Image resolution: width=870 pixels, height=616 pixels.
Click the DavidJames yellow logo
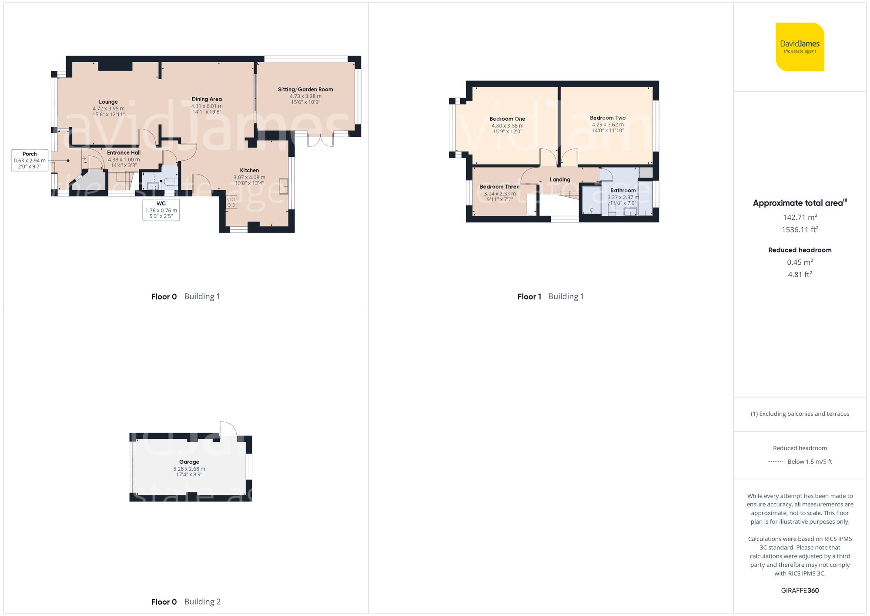pyautogui.click(x=800, y=47)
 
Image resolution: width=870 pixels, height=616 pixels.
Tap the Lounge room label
pyautogui.click(x=108, y=102)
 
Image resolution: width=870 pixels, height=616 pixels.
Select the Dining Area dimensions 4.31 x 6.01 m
pyautogui.click(x=207, y=106)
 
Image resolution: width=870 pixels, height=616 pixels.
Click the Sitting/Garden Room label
pyautogui.click(x=305, y=90)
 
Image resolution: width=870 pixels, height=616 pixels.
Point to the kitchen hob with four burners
pyautogui.click(x=231, y=202)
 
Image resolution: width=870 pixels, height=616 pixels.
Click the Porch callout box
pyautogui.click(x=30, y=160)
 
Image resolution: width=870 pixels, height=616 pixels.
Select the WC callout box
pyautogui.click(x=161, y=210)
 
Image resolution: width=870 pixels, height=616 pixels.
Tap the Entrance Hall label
pyautogui.click(x=124, y=153)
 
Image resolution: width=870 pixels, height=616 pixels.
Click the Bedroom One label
pyautogui.click(x=507, y=119)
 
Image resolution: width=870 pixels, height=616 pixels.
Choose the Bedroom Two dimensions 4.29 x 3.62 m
pyautogui.click(x=608, y=125)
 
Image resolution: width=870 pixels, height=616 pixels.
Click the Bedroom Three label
pyautogui.click(x=499, y=187)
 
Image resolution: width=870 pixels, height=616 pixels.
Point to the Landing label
pyautogui.click(x=560, y=179)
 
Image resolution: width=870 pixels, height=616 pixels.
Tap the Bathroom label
pyautogui.click(x=623, y=190)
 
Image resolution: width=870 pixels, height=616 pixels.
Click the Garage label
pyautogui.click(x=189, y=462)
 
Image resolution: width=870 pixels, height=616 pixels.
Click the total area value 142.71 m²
pyautogui.click(x=800, y=217)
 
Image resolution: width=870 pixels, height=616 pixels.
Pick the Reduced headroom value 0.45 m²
pyautogui.click(x=800, y=262)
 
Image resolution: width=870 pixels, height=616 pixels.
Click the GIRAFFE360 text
pyautogui.click(x=800, y=591)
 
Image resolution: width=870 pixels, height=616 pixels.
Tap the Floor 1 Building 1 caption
pyautogui.click(x=550, y=296)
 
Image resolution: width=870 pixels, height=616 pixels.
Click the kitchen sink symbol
pyautogui.click(x=284, y=186)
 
